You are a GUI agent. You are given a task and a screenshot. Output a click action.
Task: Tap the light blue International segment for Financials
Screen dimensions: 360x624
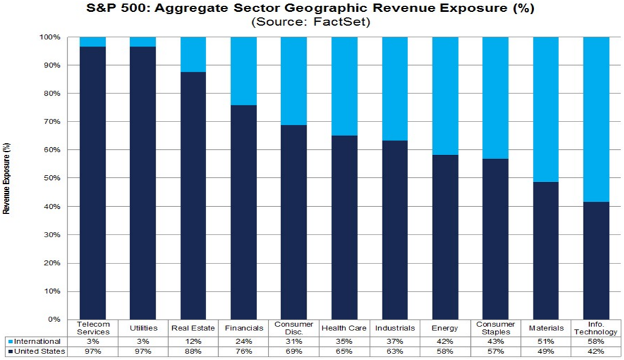pos(244,71)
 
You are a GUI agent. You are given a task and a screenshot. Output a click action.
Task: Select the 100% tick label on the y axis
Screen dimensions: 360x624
pos(50,37)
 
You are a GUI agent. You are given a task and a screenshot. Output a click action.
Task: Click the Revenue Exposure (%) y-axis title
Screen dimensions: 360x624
pos(6,178)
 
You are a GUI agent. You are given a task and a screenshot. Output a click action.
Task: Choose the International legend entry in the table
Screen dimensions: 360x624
pos(37,342)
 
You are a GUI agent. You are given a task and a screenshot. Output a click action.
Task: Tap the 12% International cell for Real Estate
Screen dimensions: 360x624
pos(193,342)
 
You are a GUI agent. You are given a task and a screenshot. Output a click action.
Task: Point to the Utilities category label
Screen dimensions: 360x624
pos(143,326)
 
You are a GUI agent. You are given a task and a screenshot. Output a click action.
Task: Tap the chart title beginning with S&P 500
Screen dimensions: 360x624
pos(312,8)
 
